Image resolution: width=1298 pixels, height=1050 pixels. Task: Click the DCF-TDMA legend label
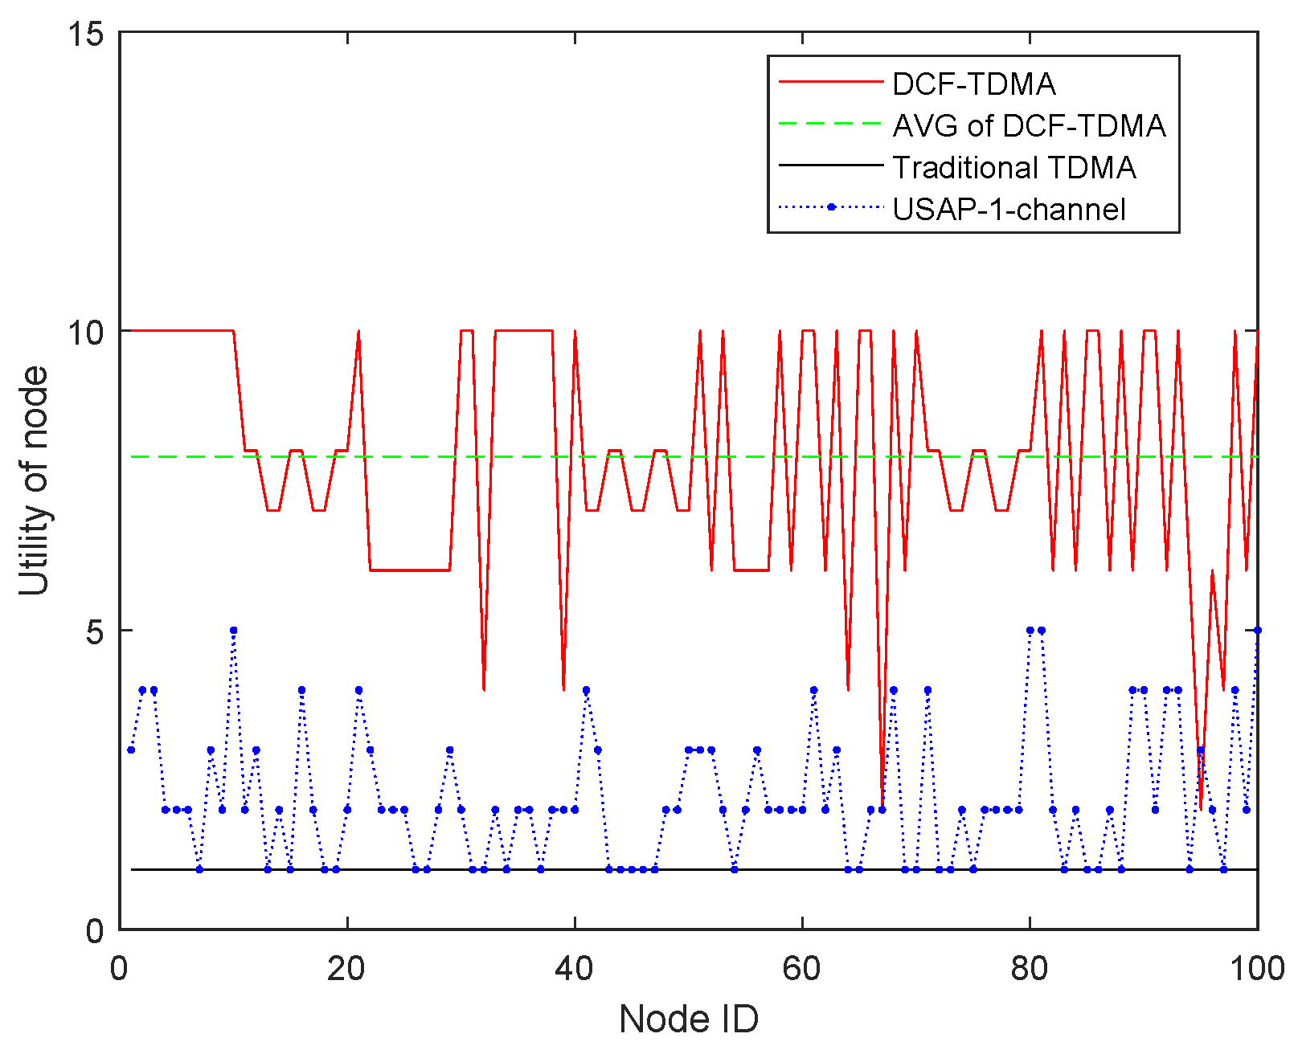(x=973, y=84)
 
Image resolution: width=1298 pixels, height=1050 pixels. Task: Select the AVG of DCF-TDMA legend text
(x=1029, y=126)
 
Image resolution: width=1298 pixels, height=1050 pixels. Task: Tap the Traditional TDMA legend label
(x=1013, y=168)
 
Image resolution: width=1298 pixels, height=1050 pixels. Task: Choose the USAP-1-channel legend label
(x=1009, y=210)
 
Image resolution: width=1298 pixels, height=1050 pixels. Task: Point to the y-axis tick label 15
(x=86, y=34)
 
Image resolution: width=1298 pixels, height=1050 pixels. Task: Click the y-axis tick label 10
(x=86, y=332)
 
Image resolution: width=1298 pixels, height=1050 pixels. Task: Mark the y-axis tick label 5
(x=96, y=631)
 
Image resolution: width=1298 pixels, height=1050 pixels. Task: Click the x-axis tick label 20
(x=346, y=969)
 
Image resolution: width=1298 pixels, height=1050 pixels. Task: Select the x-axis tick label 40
(x=574, y=969)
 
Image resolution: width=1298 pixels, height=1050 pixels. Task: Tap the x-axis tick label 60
(x=801, y=969)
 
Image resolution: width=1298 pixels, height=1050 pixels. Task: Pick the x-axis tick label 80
(x=1029, y=969)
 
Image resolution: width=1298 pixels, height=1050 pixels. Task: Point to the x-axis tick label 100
(x=1257, y=969)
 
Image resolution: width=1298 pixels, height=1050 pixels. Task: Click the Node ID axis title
(x=688, y=1019)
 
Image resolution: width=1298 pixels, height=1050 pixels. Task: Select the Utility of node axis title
(x=35, y=480)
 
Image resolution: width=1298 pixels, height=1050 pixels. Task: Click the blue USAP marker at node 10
(x=233, y=631)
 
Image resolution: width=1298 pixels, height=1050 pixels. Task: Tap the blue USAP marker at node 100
(x=1257, y=631)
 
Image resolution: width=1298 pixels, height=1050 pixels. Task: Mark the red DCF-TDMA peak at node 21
(x=358, y=332)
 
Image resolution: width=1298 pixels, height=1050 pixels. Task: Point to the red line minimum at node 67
(x=882, y=808)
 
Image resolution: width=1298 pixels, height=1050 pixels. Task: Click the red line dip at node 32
(x=484, y=688)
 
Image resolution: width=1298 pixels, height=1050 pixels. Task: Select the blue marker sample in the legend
(x=832, y=207)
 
